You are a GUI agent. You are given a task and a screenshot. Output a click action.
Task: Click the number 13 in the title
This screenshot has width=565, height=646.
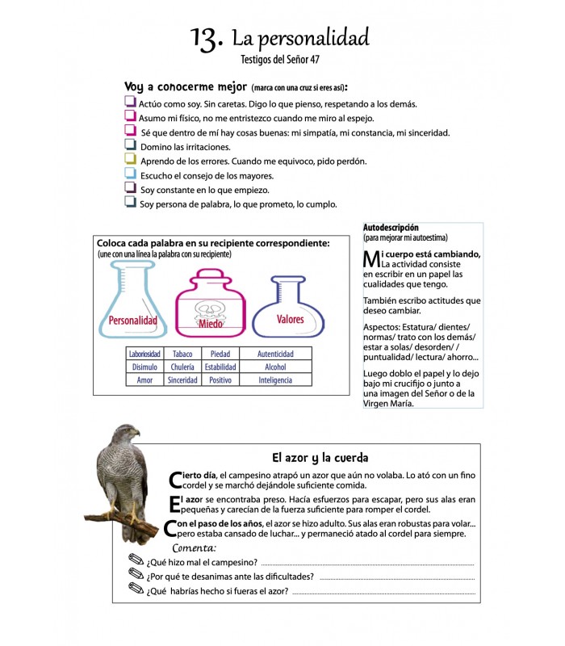[x=207, y=38]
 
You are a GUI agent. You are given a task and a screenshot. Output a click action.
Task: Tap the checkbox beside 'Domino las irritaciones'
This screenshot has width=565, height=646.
[x=130, y=145]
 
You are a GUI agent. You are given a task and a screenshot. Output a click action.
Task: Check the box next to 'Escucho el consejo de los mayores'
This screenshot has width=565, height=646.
[x=130, y=174]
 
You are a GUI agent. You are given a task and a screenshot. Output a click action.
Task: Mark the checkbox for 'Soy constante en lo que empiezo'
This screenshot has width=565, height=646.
[x=130, y=188]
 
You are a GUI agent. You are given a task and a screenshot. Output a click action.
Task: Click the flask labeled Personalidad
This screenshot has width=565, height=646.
[x=132, y=304]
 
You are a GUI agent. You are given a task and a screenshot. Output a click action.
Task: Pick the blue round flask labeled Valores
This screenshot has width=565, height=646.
[x=289, y=307]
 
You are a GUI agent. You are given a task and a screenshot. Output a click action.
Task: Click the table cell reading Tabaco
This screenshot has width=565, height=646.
[x=182, y=354]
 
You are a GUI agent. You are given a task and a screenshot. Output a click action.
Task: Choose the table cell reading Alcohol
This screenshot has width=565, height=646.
[x=275, y=367]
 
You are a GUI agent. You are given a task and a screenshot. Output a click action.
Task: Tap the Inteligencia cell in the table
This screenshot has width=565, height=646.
[x=275, y=380]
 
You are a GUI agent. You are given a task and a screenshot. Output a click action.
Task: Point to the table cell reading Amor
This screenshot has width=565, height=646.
[x=144, y=380]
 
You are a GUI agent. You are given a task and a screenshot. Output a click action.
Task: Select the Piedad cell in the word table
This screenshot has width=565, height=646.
[x=220, y=354]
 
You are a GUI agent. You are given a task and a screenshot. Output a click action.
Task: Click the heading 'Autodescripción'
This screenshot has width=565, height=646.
[x=391, y=228]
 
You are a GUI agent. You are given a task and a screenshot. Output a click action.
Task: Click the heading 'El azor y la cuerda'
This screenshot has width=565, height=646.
[x=320, y=457]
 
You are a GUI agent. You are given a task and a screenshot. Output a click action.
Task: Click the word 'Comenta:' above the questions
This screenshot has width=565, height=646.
[x=195, y=548]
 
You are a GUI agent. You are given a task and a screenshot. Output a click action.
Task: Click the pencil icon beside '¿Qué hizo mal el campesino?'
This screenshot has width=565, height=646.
[x=136, y=561]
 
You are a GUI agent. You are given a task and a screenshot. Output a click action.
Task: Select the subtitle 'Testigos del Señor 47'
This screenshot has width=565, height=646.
[x=280, y=59]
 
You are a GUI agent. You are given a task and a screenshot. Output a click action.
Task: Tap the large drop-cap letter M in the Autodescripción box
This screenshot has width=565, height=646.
[x=371, y=260]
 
